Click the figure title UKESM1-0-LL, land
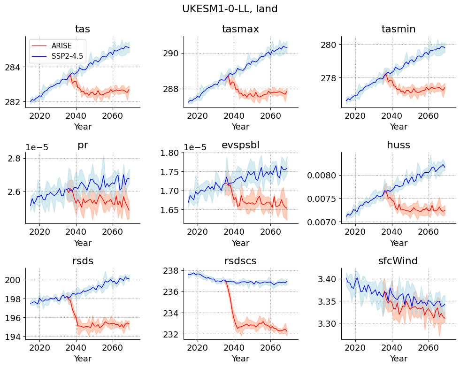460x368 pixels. pyautogui.click(x=230, y=8)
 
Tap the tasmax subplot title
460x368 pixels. pyautogui.click(x=240, y=29)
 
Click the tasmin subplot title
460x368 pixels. pyautogui.click(x=399, y=29)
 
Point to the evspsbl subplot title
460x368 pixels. pyautogui.click(x=240, y=145)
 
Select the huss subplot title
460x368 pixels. pyautogui.click(x=399, y=145)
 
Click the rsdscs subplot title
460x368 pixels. pyautogui.click(x=240, y=261)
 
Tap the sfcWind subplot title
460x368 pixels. pyautogui.click(x=399, y=261)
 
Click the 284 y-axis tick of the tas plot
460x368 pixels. pyautogui.click(x=14, y=67)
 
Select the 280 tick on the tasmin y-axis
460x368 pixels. pyautogui.click(x=330, y=45)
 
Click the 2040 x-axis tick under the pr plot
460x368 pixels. pyautogui.click(x=76, y=231)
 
